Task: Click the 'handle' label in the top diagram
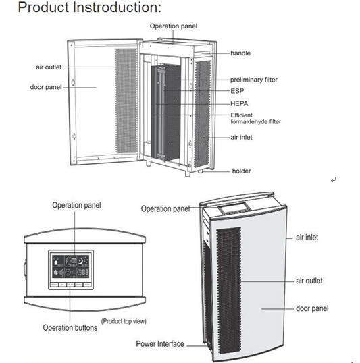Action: click(240, 53)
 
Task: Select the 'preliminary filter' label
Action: click(253, 80)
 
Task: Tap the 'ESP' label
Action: click(237, 91)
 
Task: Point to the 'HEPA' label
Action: click(239, 103)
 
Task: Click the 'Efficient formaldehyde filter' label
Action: click(255, 119)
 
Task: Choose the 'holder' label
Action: click(241, 171)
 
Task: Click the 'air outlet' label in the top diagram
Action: click(49, 67)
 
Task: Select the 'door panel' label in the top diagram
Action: click(46, 87)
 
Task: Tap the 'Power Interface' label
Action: click(160, 344)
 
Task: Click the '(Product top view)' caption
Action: click(124, 321)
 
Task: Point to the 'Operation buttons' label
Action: click(70, 328)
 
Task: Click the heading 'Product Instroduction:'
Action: click(89, 7)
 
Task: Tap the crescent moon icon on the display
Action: click(81, 261)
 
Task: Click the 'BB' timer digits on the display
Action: click(85, 273)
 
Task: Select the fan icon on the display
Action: click(56, 273)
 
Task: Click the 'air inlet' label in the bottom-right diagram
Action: click(307, 238)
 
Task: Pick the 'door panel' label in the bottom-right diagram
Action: click(312, 308)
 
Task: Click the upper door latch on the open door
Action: click(73, 82)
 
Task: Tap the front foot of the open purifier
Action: click(188, 173)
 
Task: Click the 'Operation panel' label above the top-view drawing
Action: click(76, 205)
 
